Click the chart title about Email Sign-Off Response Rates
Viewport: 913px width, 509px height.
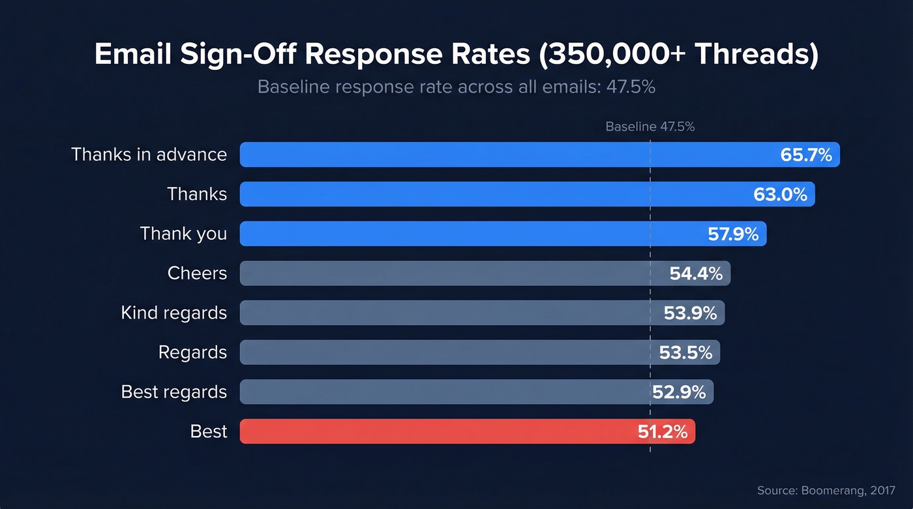(x=456, y=55)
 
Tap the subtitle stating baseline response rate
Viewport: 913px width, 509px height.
(x=456, y=87)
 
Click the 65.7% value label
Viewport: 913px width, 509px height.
(x=806, y=155)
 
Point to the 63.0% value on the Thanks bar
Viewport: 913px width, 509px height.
(x=781, y=194)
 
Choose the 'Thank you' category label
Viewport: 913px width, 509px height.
(x=183, y=234)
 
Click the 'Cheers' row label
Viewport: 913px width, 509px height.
(x=197, y=273)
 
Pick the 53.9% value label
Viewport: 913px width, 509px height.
(x=690, y=313)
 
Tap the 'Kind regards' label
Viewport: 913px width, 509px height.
(x=173, y=313)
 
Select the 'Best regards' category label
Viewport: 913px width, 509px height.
(x=173, y=392)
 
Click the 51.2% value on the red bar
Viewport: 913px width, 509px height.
(x=663, y=431)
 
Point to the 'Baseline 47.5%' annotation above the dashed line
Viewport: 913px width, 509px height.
(x=650, y=127)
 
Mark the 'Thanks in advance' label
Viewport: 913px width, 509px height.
(x=149, y=154)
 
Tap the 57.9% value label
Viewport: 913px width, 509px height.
(x=733, y=234)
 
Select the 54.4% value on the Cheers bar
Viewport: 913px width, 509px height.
(x=696, y=274)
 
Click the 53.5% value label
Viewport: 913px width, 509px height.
(x=685, y=353)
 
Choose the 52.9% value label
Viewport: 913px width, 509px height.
(x=679, y=392)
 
